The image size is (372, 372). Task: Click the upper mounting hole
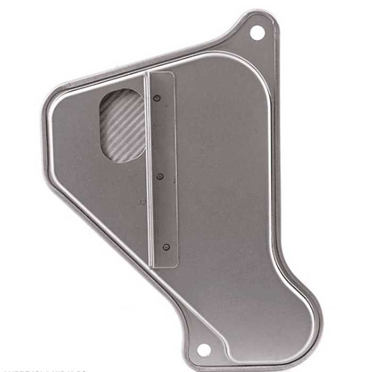(x=257, y=33)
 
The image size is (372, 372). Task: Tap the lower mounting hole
(x=204, y=350)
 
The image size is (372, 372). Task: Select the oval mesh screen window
(x=122, y=125)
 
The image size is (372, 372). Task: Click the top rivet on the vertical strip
(x=156, y=98)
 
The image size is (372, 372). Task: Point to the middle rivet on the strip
(x=161, y=175)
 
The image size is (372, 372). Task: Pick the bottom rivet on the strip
(x=166, y=247)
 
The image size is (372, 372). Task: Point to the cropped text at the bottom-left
(x=43, y=370)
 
